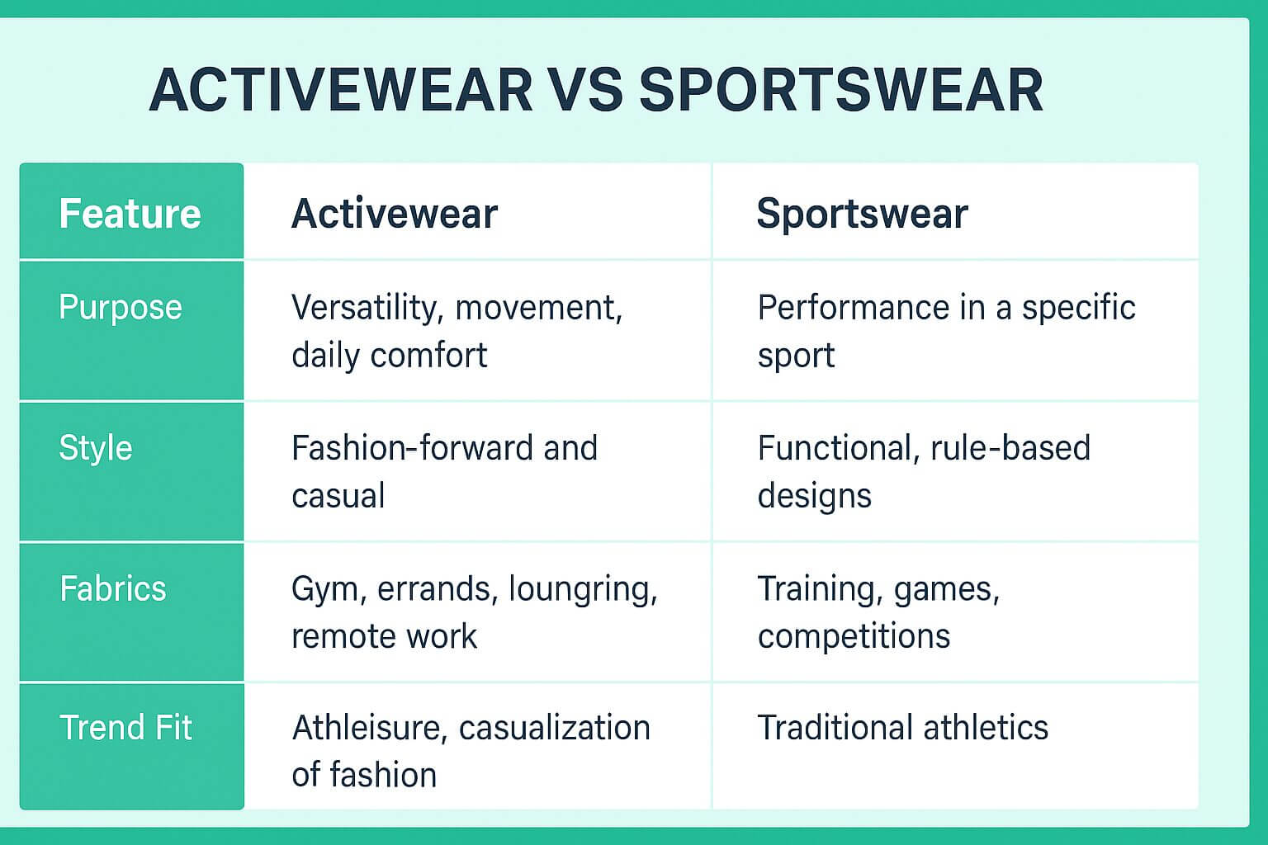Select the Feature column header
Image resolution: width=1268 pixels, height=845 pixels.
coord(130,214)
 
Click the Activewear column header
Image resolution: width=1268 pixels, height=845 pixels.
coord(395,214)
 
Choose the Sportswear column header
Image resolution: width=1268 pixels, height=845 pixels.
coord(862,215)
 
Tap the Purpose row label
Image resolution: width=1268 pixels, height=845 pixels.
coord(120,308)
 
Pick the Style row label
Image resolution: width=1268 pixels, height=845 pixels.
coord(96,448)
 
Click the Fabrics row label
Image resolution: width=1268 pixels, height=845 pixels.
coord(112,588)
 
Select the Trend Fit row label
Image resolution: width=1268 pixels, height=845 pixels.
coord(125,727)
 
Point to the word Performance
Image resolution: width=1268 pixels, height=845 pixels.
coord(853,307)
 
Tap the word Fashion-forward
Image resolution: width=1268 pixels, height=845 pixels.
coord(413,448)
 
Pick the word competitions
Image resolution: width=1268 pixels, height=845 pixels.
coord(854,637)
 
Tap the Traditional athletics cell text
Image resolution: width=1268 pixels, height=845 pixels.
coord(903,727)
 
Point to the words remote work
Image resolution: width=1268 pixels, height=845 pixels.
coord(385,636)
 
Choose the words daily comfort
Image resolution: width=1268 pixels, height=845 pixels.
coord(390,356)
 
